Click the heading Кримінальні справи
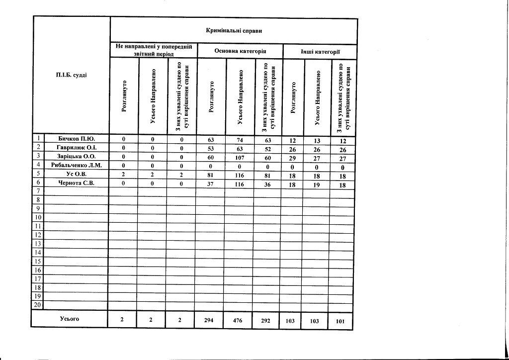[x=234, y=31]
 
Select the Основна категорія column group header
[x=240, y=51]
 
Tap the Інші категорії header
[x=320, y=52]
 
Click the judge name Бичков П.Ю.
[x=77, y=139]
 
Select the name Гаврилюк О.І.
[x=77, y=148]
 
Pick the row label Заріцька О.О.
[x=77, y=157]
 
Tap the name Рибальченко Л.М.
[x=77, y=165]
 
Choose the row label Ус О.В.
[x=77, y=174]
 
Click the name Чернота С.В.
[x=77, y=183]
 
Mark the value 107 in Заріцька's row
[x=240, y=157]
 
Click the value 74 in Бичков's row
[x=240, y=140]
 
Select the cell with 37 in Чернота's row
[x=211, y=183]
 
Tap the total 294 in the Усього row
[x=209, y=321]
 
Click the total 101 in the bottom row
[x=340, y=321]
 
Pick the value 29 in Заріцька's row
[x=292, y=157]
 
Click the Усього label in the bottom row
[x=70, y=319]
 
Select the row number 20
[x=38, y=305]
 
